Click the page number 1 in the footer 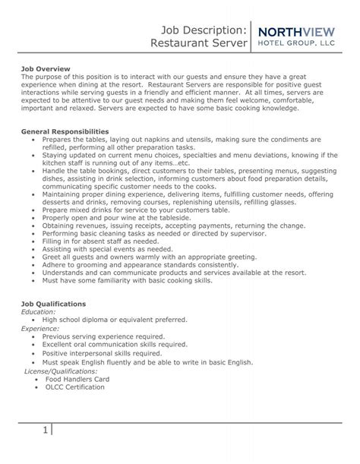coord(46,431)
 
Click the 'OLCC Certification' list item coord(74,387)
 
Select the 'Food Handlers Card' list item coord(76,378)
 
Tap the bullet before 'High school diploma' coord(35,320)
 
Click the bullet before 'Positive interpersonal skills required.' coord(35,354)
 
